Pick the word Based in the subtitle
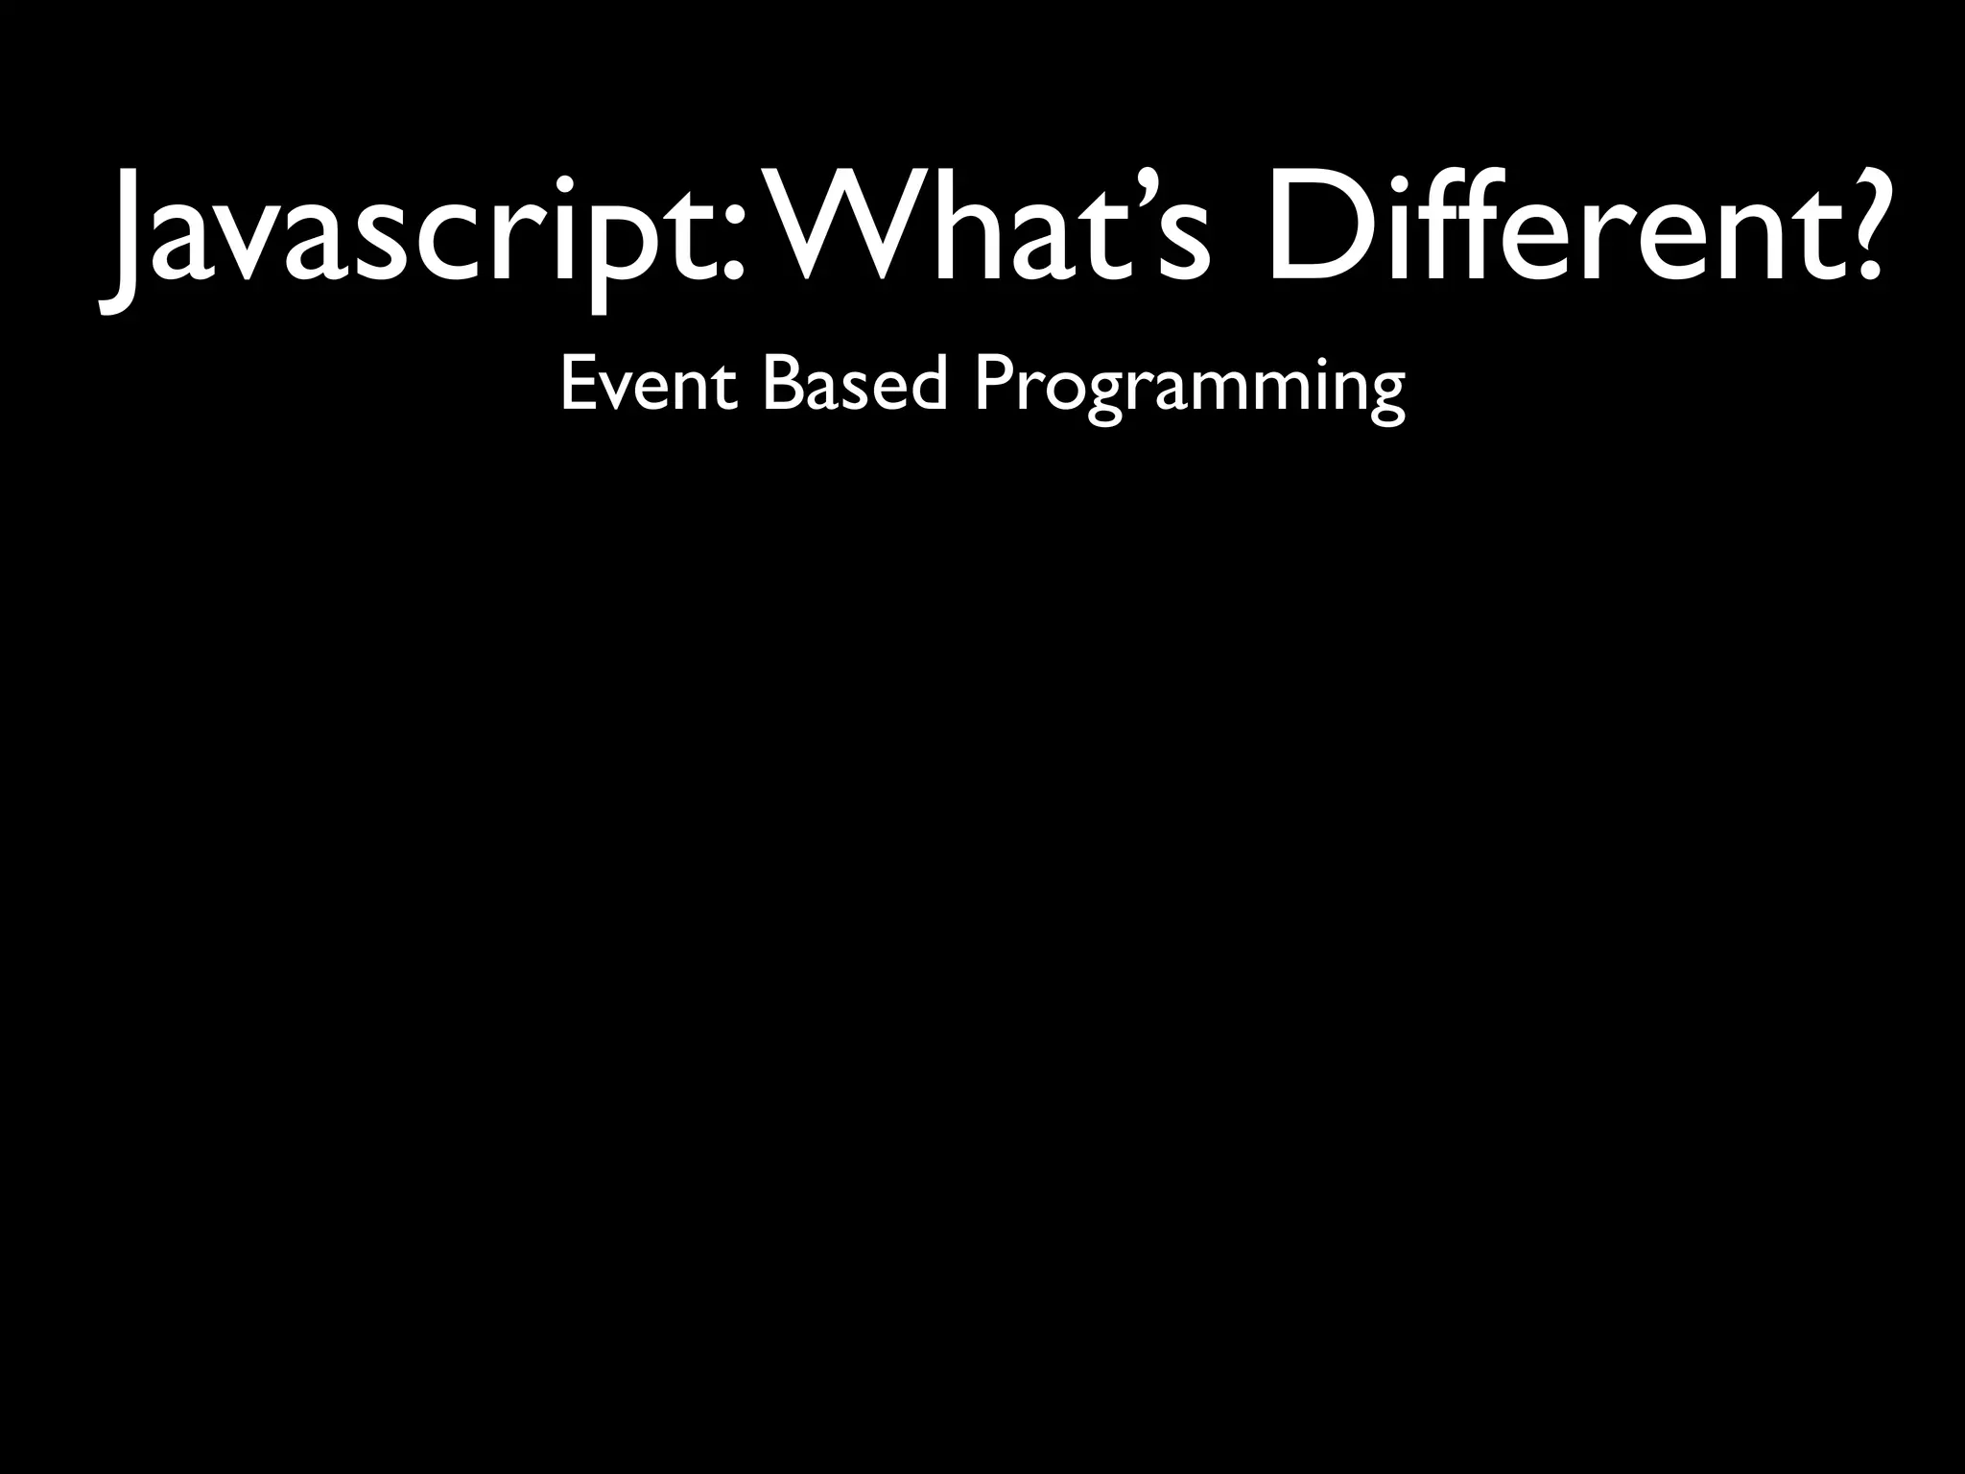pyautogui.click(x=855, y=384)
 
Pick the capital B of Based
pyautogui.click(x=782, y=384)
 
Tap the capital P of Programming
pyautogui.click(x=992, y=384)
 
